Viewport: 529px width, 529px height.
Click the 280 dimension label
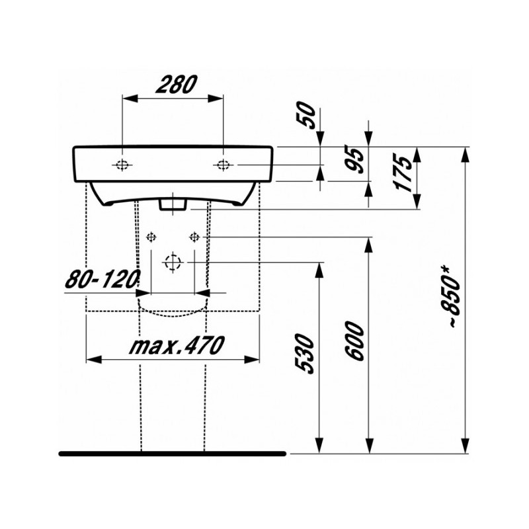(174, 84)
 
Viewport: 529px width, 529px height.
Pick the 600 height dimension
(355, 342)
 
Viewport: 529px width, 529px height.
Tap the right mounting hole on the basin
(224, 165)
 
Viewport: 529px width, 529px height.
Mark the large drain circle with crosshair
(173, 262)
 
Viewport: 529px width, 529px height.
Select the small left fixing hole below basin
(151, 237)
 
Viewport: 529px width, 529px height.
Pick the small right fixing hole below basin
(194, 237)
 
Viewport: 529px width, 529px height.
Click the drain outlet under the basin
(174, 204)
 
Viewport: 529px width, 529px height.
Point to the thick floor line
(172, 454)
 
